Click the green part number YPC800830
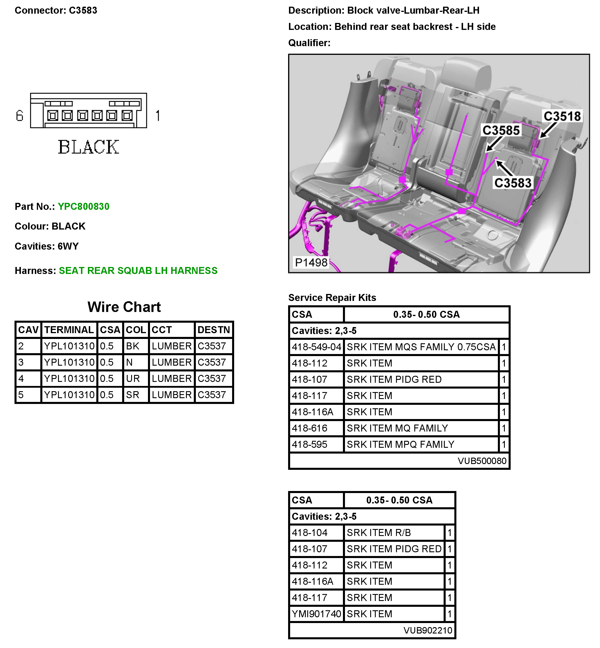(x=84, y=206)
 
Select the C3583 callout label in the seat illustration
(x=513, y=183)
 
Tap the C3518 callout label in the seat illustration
(x=562, y=116)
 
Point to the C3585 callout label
(x=501, y=130)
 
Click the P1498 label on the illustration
(x=311, y=262)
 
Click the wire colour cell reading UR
(x=133, y=378)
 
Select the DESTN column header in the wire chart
(x=213, y=330)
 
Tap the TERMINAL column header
(x=69, y=330)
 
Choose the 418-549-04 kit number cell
(x=316, y=347)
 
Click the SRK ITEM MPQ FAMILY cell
(x=400, y=444)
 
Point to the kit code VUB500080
(x=482, y=461)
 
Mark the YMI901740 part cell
(x=316, y=613)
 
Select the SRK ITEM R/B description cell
(x=379, y=533)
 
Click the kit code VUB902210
(x=428, y=630)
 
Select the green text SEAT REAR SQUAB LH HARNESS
(x=138, y=270)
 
